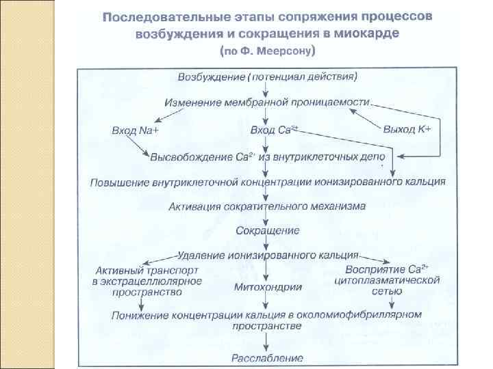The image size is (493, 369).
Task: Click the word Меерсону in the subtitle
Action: pos(283,51)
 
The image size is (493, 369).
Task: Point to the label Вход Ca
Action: pos(274,130)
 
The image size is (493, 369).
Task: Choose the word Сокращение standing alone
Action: pos(267,230)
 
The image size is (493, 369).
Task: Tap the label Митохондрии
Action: pos(268,287)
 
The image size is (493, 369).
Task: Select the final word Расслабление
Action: pos(267,357)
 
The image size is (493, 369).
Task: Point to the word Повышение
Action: pos(121,181)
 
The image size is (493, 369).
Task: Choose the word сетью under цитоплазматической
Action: pos(388,292)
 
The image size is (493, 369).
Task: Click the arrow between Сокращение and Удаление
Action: pos(267,243)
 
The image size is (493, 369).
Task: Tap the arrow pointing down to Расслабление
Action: pos(267,342)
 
